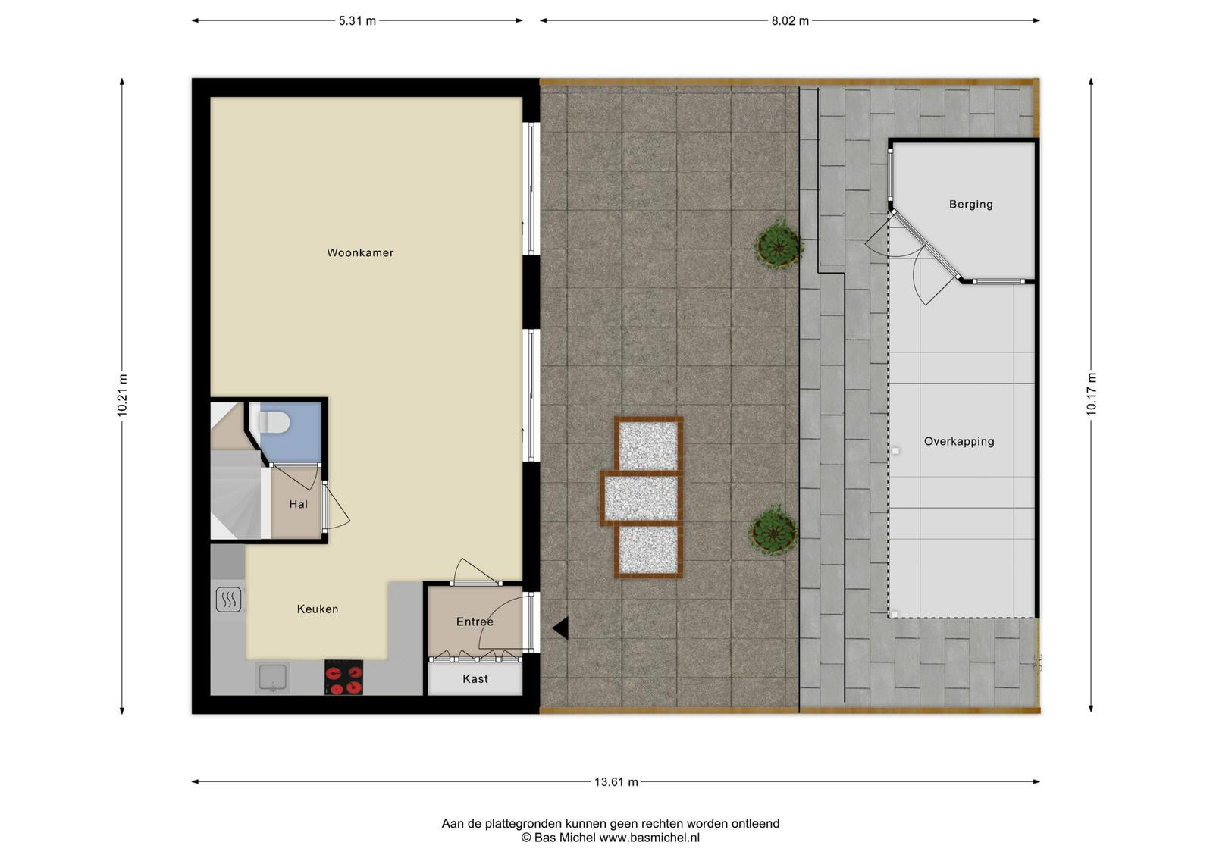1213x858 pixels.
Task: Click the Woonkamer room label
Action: (360, 253)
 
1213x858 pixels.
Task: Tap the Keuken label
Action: (318, 609)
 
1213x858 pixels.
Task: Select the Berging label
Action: (971, 205)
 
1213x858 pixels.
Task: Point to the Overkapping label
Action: (959, 442)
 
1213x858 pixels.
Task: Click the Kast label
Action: (475, 679)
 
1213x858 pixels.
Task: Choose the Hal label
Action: (299, 505)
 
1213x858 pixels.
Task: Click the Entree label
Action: (475, 622)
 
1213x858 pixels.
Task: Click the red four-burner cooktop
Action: (344, 677)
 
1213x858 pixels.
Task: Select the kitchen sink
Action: (272, 677)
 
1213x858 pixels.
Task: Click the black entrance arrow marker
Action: (560, 628)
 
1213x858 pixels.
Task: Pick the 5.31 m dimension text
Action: (357, 21)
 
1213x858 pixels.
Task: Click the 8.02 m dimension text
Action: (790, 21)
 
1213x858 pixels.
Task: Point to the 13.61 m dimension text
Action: (616, 782)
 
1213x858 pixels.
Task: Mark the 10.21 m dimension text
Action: (122, 396)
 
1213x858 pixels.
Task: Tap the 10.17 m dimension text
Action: (1091, 395)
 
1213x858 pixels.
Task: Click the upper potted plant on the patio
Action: (779, 244)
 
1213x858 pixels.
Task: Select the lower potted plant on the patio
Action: (773, 531)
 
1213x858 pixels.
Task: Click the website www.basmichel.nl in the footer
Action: (649, 838)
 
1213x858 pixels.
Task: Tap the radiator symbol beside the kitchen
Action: (228, 600)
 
